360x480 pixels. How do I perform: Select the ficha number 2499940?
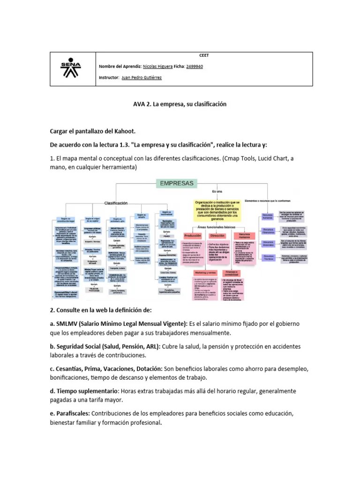195,67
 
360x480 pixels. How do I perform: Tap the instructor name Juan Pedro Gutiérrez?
142,77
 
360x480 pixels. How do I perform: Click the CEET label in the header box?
204,55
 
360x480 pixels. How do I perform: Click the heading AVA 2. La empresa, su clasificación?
180,104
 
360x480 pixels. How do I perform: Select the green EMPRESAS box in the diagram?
177,184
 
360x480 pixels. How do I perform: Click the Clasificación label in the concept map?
116,203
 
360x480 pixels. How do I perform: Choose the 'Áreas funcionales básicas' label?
217,226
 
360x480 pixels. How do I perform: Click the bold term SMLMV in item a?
67,323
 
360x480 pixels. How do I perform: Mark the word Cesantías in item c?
70,368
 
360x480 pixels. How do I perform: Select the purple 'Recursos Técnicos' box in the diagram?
269,257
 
